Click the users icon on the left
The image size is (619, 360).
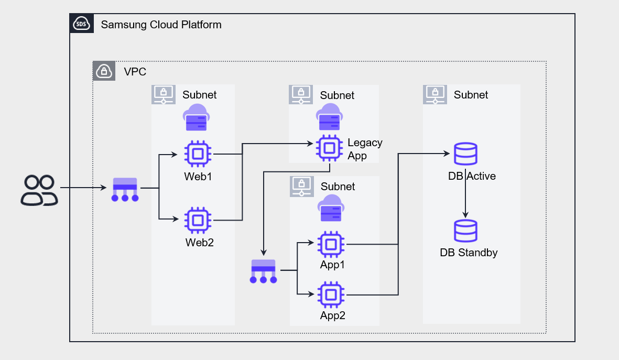(x=39, y=190)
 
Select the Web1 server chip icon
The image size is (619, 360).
(x=198, y=154)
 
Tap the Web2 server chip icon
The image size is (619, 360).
(x=198, y=220)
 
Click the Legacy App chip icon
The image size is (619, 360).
(x=329, y=148)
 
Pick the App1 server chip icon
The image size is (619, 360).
(x=330, y=244)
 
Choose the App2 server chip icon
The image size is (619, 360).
(x=330, y=295)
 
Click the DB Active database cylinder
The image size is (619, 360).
(x=465, y=154)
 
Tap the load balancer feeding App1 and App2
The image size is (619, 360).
(x=264, y=271)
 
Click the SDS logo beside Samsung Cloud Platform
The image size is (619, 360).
(x=82, y=24)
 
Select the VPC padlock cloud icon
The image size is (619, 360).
(x=104, y=71)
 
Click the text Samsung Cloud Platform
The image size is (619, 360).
(x=161, y=25)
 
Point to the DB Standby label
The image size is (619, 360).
(x=469, y=253)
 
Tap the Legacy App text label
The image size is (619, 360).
(x=365, y=149)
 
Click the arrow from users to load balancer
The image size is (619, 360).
(x=83, y=187)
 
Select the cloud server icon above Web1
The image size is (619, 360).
(x=196, y=117)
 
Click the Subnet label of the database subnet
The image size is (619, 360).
(x=471, y=95)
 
